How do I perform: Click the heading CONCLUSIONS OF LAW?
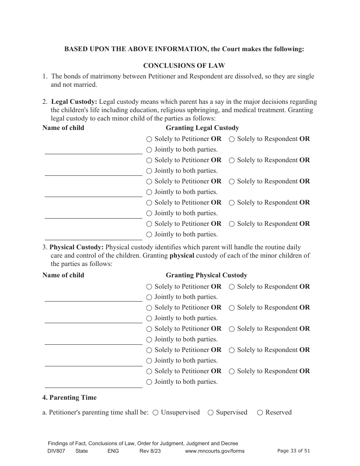coord(184,66)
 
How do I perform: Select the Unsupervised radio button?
coord(155,413)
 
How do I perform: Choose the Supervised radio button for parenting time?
coord(210,413)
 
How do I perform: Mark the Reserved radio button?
coord(260,413)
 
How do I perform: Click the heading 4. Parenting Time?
coord(69,397)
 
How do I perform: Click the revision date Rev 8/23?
coord(150,451)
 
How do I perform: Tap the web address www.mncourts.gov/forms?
coord(214,451)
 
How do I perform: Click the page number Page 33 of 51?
coord(294,451)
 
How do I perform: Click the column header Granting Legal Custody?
coord(202,128)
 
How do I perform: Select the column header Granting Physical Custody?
coord(206,275)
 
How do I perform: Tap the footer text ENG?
coord(113,451)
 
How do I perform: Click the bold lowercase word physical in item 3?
coord(182,255)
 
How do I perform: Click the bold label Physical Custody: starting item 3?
coord(77,247)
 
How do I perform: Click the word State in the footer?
coord(81,451)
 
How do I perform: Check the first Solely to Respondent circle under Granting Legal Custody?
coord(232,139)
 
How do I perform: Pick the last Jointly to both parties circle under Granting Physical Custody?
coord(149,382)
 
